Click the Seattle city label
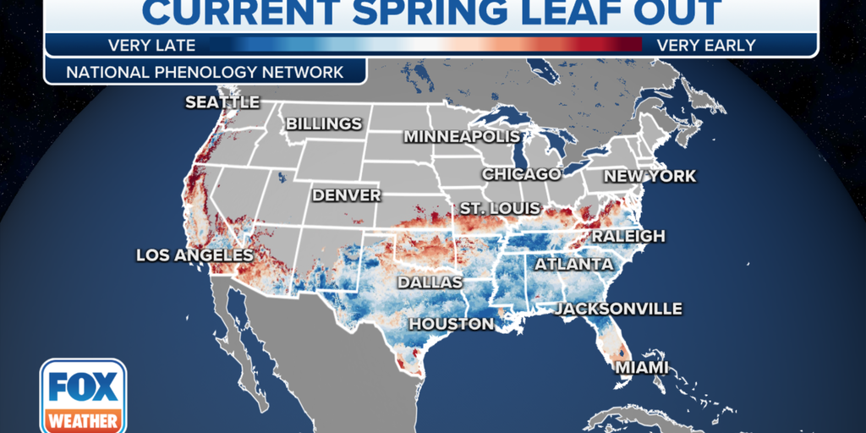222,102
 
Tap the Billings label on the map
324,123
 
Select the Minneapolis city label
461,136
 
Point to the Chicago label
521,174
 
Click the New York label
649,176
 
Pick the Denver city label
347,195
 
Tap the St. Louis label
496,208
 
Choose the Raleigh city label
628,236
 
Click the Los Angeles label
195,255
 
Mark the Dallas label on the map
430,282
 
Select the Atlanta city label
567,265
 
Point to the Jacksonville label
618,309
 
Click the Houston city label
452,324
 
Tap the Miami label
641,367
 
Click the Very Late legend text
151,45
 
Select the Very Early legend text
706,45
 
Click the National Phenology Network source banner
205,72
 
